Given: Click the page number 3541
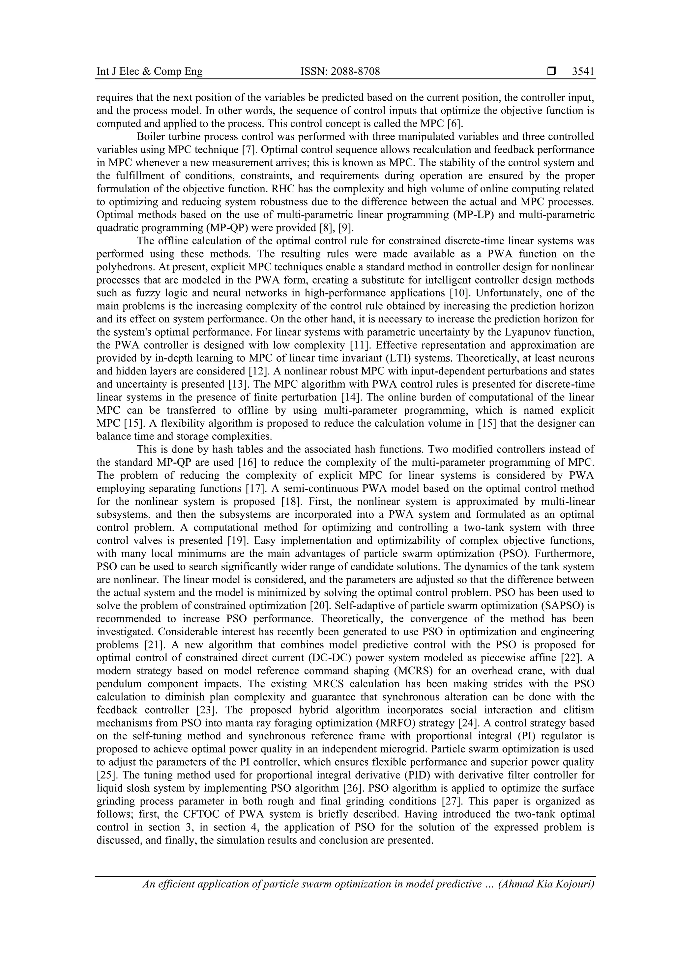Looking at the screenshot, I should click(x=583, y=71).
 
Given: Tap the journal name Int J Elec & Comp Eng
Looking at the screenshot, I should click(x=149, y=71).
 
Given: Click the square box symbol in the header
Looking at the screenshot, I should click(x=551, y=71).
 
